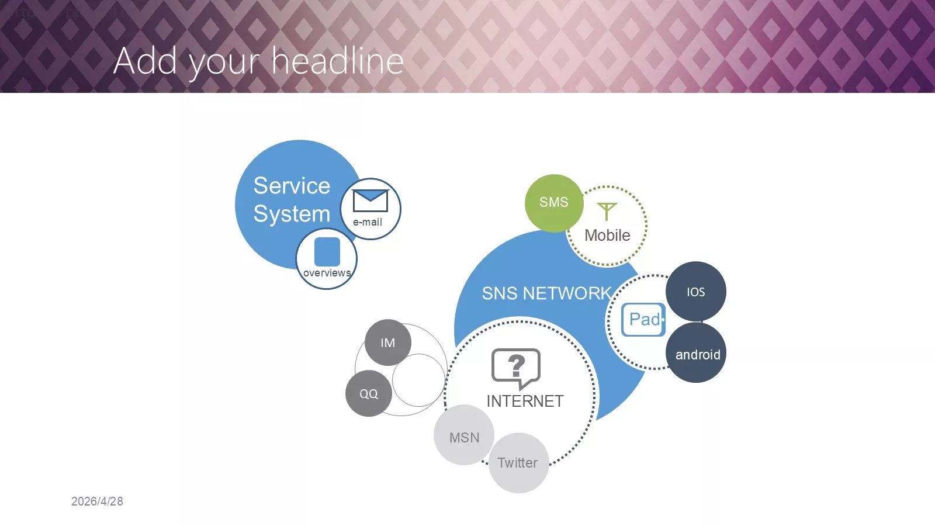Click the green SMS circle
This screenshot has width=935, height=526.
pos(554,203)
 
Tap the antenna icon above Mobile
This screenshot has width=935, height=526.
pos(607,211)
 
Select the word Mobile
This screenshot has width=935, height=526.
pos(607,236)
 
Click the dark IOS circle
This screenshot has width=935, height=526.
pos(696,292)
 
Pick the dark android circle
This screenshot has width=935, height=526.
pos(696,353)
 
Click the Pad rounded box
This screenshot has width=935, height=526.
pos(643,320)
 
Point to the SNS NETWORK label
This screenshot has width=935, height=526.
pos(547,293)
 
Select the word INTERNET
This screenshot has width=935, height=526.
pos(525,401)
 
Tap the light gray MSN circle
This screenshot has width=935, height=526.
pos(464,435)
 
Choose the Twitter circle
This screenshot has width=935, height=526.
pos(518,463)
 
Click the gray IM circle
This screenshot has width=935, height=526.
pos(388,342)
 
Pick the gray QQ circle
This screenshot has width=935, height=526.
pos(369,393)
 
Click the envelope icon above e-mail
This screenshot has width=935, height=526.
pos(370,201)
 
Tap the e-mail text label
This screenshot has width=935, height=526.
pos(368,222)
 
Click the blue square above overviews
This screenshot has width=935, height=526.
pos(327,252)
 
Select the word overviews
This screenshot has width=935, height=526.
pos(327,273)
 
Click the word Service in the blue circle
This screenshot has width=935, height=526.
pos(292,186)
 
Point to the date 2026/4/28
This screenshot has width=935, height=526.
pos(97,501)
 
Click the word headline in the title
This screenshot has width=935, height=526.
pos(338,61)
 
